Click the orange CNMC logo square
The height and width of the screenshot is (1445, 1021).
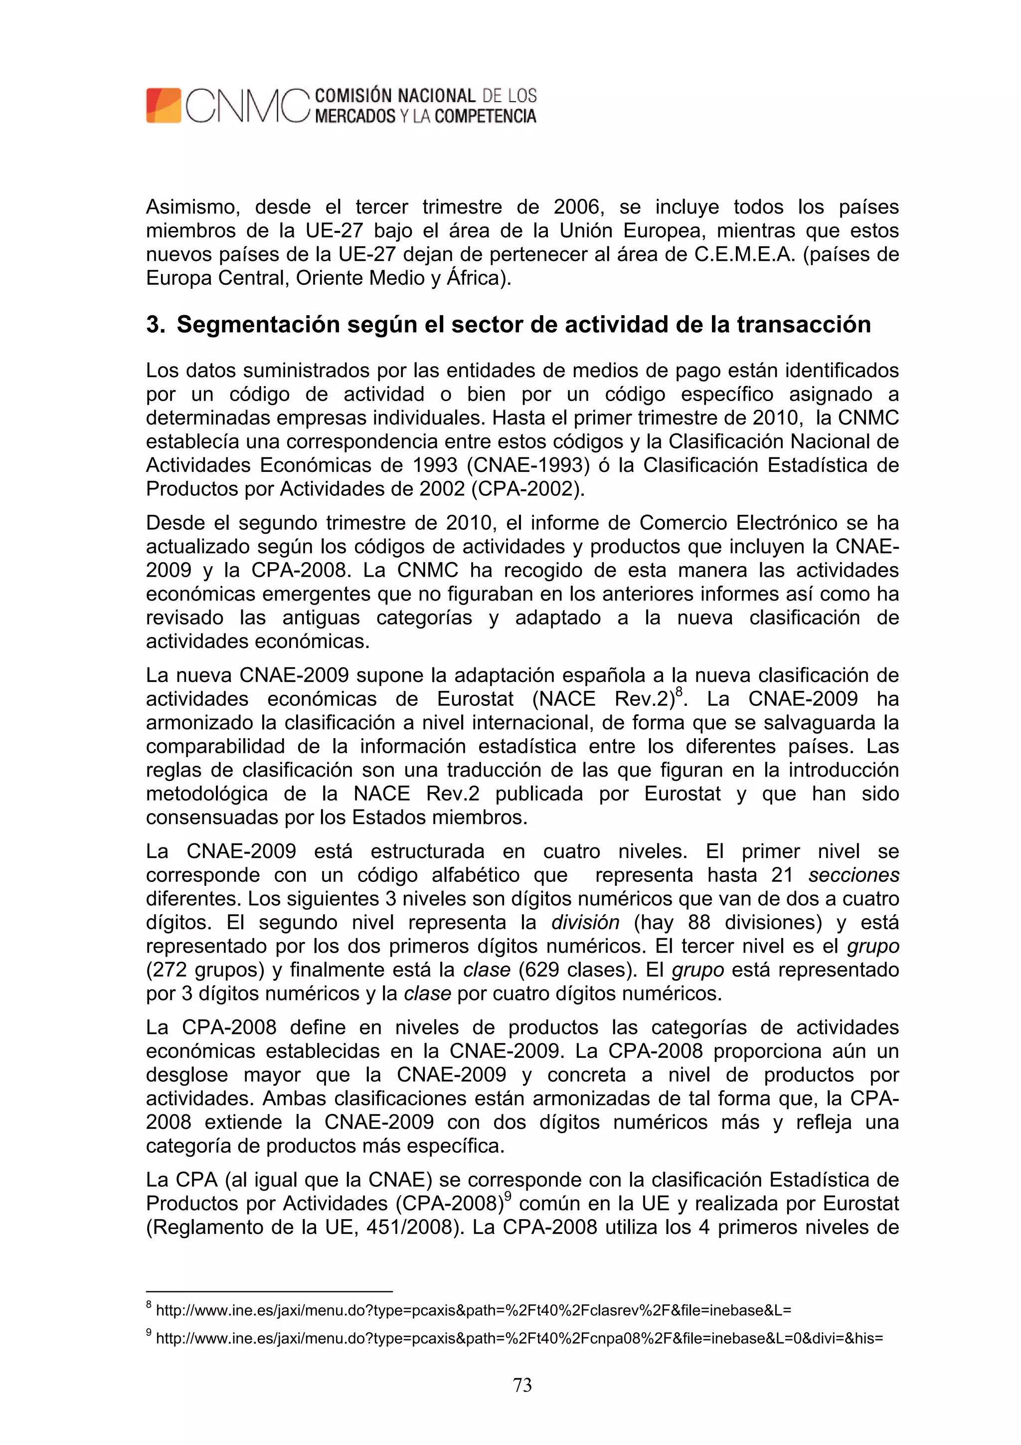point(164,106)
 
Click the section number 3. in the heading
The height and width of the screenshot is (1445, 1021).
point(156,325)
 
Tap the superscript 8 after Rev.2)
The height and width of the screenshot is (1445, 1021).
point(678,692)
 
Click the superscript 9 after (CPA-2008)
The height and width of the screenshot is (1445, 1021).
point(508,1197)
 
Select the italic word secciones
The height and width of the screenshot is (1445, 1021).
point(853,875)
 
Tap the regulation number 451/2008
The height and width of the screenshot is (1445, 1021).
point(409,1227)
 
